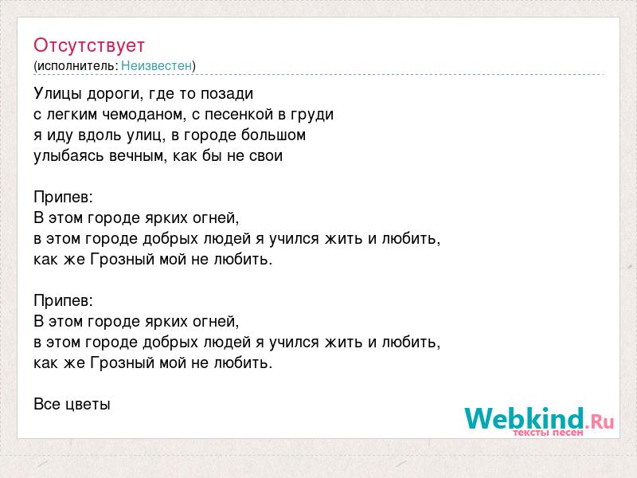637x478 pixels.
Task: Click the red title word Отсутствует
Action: tap(89, 45)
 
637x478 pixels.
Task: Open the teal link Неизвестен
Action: tap(156, 65)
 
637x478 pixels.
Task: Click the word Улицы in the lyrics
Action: tap(58, 94)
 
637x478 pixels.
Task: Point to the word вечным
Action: tap(133, 156)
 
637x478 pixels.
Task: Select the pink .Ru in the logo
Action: tap(600, 421)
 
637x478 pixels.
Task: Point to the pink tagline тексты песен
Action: tap(548, 433)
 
